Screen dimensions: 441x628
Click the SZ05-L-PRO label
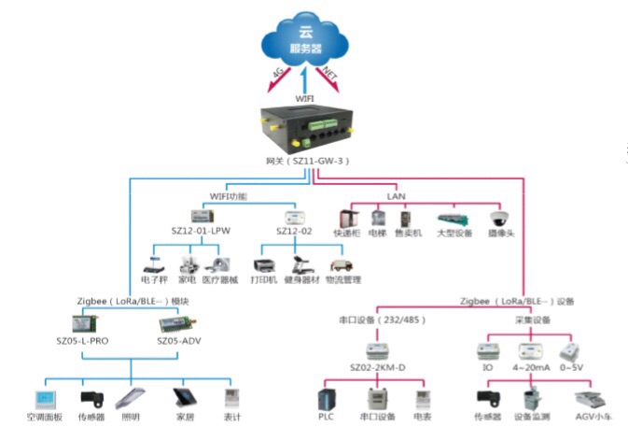click(83, 342)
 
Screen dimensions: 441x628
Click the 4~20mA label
click(532, 369)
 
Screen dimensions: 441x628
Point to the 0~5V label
click(570, 369)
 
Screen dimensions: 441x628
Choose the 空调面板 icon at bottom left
click(44, 392)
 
